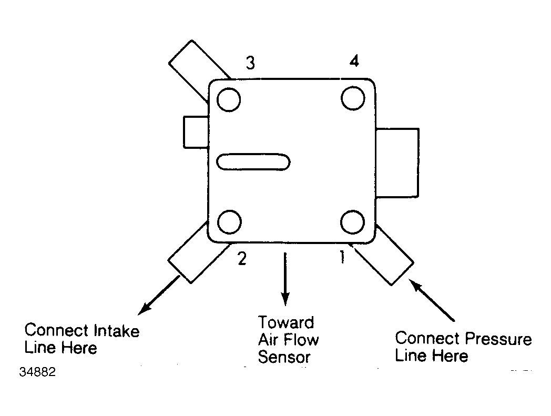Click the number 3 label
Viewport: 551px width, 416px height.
pos(250,63)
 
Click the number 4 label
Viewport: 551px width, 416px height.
pos(354,61)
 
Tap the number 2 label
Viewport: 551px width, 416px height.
pos(242,258)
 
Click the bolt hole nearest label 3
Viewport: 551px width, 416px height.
pos(229,99)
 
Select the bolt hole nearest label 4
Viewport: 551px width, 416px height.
pos(353,98)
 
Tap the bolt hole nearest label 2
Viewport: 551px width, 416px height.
pos(229,222)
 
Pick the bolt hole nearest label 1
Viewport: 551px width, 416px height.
pos(352,222)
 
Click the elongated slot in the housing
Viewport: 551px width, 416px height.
pos(253,162)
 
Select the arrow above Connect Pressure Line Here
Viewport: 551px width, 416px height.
pos(432,300)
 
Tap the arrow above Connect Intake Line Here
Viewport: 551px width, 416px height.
pos(159,295)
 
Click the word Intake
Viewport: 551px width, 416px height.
pos(117,331)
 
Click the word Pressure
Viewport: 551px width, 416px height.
pos(498,338)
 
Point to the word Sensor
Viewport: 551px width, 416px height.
pos(284,357)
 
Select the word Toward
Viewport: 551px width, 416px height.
pos(286,322)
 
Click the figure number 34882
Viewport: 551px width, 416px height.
pos(37,372)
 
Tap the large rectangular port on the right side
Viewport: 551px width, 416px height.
pos(397,163)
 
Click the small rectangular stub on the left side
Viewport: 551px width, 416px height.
pos(196,132)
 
